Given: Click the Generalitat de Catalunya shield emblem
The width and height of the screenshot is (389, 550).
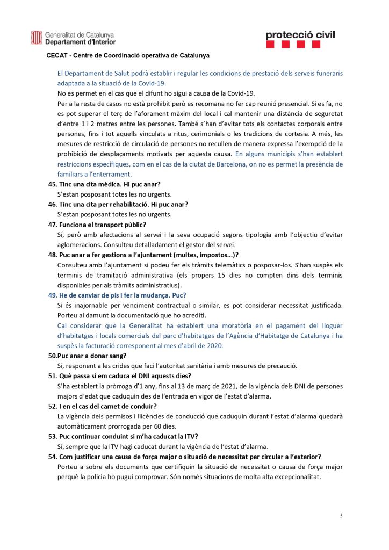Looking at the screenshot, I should point(37,38).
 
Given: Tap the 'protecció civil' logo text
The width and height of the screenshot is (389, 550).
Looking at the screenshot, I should point(300,35).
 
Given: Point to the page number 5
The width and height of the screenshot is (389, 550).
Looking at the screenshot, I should point(341,516).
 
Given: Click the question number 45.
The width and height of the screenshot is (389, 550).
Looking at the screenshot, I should point(53,184).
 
